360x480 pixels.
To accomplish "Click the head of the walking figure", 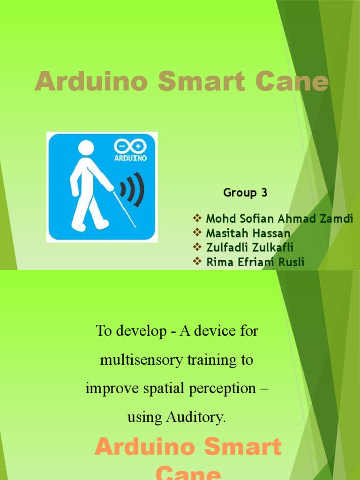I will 86,149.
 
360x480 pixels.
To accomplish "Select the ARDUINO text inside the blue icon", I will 131,158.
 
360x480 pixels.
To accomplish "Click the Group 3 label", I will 245,193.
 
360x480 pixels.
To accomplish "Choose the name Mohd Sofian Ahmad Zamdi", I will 279,218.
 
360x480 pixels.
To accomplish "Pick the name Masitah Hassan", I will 248,233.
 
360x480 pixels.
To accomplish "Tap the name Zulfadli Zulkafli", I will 250,247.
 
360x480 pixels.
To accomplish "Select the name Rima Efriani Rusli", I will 255,262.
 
